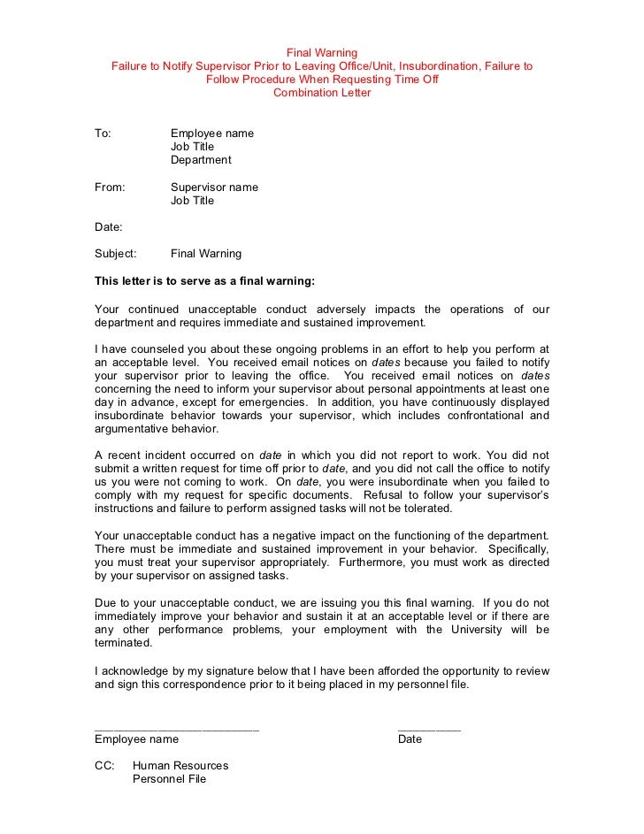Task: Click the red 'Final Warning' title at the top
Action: (x=322, y=52)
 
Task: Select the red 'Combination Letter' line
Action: (x=322, y=93)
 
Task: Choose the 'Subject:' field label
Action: (x=116, y=254)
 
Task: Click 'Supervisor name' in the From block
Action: (x=214, y=187)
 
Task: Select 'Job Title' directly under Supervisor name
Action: (x=192, y=201)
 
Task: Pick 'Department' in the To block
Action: (x=201, y=160)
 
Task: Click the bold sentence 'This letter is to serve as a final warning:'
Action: (x=204, y=281)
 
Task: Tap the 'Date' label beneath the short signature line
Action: (x=410, y=739)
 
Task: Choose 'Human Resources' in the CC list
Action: (x=180, y=766)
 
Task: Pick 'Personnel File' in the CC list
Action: (x=169, y=779)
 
